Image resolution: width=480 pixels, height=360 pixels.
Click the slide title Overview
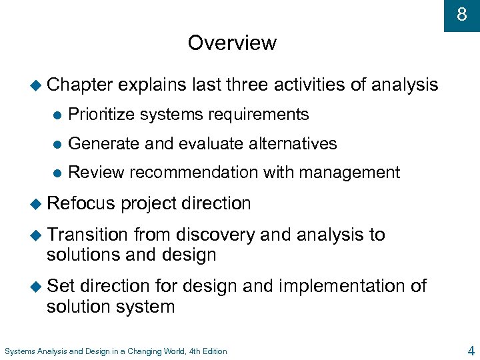[232, 43]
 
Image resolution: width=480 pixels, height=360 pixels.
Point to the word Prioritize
[99, 115]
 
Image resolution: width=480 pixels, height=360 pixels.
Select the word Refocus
[81, 203]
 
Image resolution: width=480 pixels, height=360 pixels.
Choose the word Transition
[87, 235]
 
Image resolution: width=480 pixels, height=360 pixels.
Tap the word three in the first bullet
[247, 85]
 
